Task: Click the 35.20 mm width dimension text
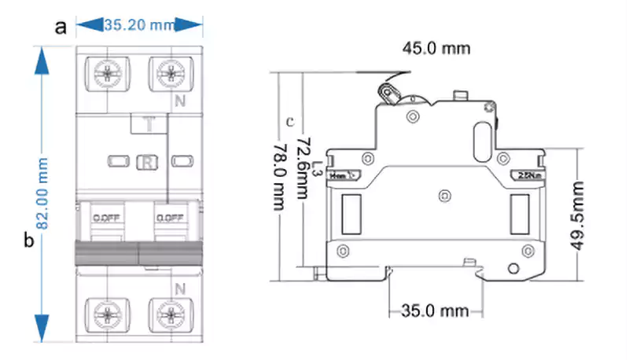[139, 25]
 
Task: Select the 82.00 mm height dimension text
[44, 193]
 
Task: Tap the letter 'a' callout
[61, 27]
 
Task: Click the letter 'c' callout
[290, 122]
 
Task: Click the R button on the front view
[147, 162]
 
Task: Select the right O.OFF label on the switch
[170, 218]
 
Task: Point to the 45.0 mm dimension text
[436, 49]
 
